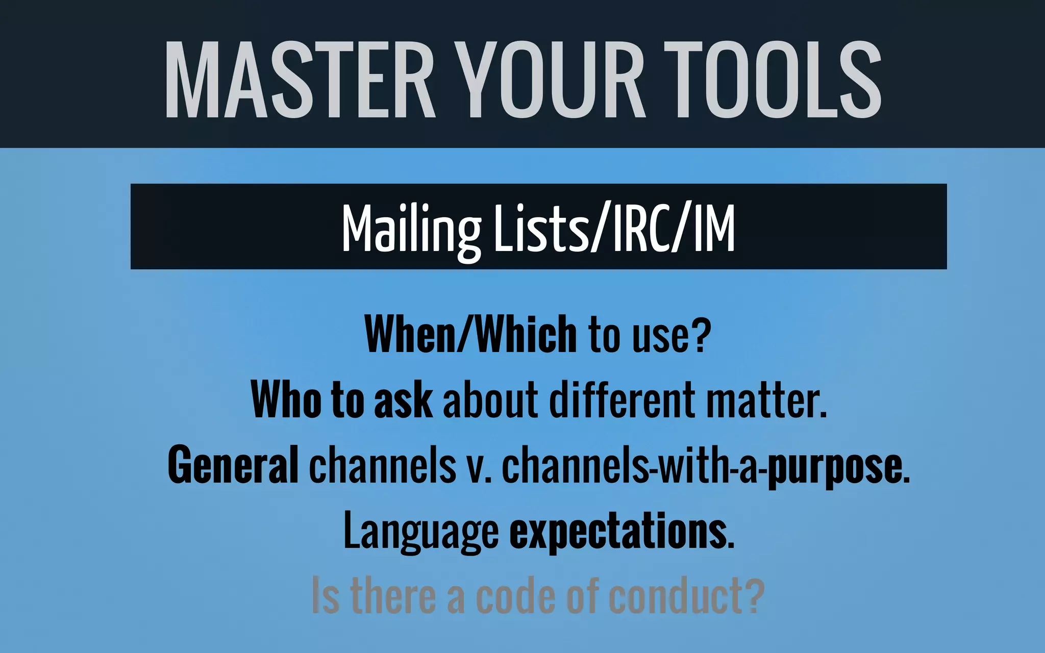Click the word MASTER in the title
click(300, 80)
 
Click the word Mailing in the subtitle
click(411, 229)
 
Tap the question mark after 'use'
click(702, 334)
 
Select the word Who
click(286, 400)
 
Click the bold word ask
click(403, 401)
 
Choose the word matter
click(765, 401)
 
